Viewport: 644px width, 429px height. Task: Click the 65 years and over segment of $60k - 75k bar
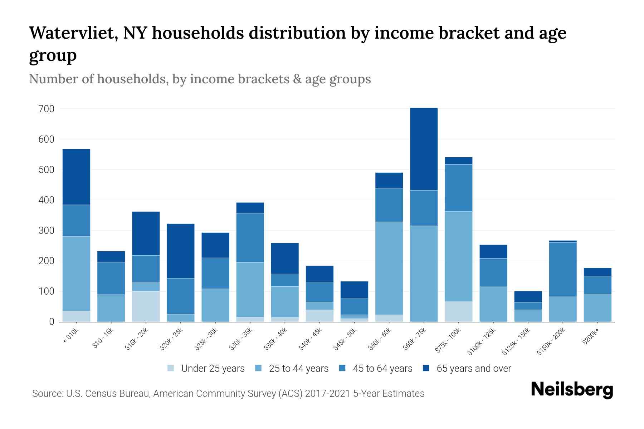coord(424,149)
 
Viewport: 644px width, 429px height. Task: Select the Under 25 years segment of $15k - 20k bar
coord(146,306)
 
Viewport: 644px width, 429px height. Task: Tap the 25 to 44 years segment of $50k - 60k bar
coord(389,268)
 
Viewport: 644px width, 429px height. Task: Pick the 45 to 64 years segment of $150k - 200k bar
coord(562,269)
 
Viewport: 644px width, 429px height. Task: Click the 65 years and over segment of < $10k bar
coord(76,177)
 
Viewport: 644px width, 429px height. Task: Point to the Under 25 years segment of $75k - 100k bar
coord(458,311)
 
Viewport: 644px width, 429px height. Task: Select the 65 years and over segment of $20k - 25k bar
coord(180,251)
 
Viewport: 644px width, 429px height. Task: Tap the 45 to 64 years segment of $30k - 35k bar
coord(250,237)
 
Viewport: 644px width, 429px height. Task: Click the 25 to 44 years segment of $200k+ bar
coord(597,307)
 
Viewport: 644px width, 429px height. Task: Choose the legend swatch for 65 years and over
coord(426,368)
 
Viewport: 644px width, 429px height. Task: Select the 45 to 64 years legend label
coord(382,369)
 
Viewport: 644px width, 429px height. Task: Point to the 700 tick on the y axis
coord(46,109)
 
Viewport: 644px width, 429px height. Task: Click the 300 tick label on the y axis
coord(46,231)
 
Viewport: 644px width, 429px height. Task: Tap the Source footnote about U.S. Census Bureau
coord(228,394)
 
